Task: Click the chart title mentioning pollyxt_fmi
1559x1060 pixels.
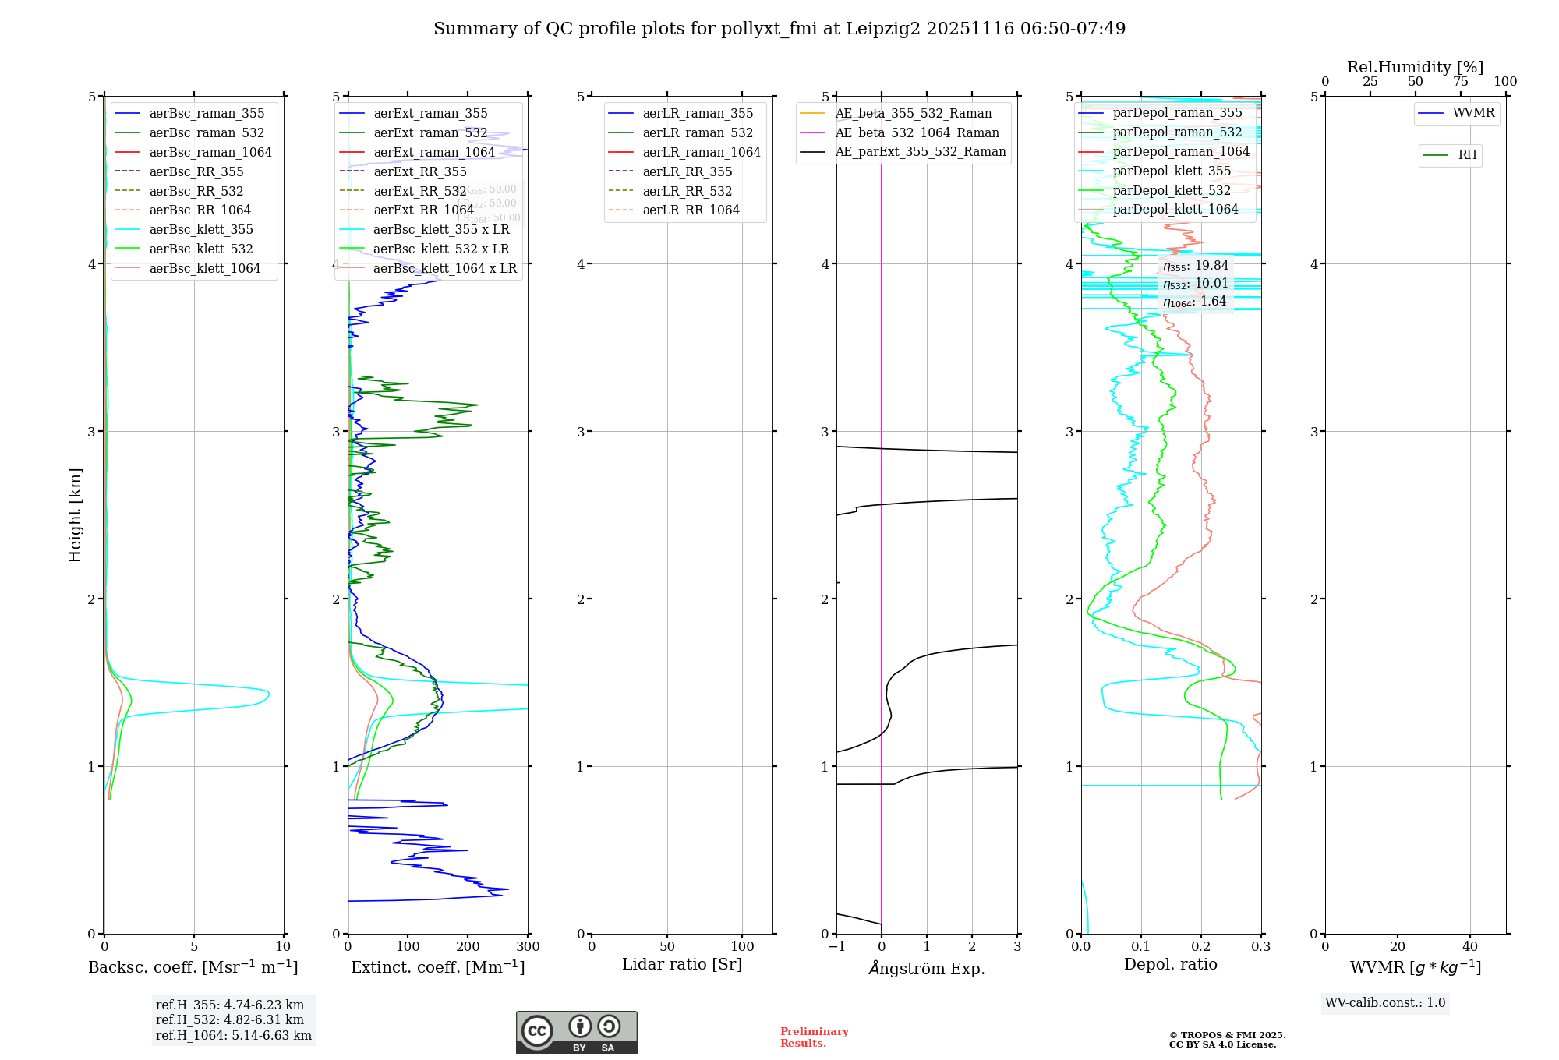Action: pos(779,29)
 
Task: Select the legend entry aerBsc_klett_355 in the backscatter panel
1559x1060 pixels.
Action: pos(201,229)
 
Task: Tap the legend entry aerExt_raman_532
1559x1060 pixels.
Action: pos(430,132)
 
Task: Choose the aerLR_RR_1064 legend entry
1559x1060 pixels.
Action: pos(691,210)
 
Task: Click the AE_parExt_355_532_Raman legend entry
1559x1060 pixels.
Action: pos(920,151)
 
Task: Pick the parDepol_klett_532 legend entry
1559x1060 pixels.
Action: pos(1172,190)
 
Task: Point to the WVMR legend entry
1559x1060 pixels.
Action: pos(1473,113)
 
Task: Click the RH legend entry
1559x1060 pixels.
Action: pos(1467,155)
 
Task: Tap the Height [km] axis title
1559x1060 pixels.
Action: pos(75,514)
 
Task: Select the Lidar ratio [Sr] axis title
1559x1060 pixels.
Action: pos(682,964)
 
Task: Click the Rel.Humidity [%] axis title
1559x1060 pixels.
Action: pos(1415,67)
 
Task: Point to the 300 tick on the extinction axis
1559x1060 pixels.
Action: pos(528,946)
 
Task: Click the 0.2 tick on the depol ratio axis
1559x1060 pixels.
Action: pos(1201,946)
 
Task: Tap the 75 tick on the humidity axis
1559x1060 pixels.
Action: pos(1460,82)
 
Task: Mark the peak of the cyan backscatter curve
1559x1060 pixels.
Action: pos(269,693)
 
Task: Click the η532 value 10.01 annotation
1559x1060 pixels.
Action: pos(1196,284)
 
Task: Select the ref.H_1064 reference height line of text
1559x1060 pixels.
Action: pos(234,1035)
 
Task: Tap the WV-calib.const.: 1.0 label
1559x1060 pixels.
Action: pos(1385,1002)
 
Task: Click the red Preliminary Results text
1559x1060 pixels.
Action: pos(814,1037)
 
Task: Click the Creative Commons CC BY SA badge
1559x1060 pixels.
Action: pos(576,1032)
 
